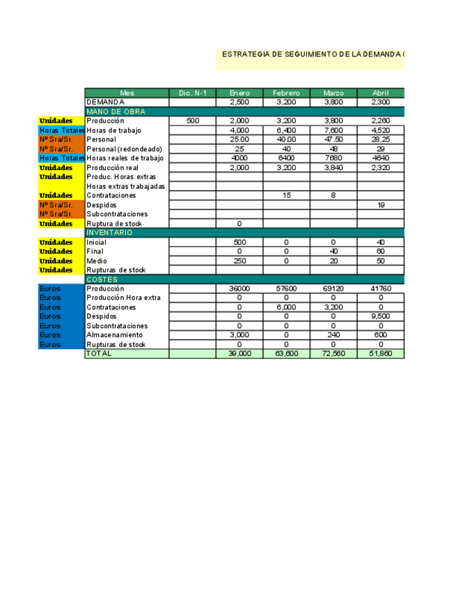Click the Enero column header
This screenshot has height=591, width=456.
coord(239,93)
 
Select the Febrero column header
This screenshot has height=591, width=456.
coord(286,93)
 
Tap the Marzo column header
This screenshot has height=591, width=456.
coord(333,93)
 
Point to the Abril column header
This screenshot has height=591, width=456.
coord(381,93)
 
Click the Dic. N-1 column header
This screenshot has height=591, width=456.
coord(192,93)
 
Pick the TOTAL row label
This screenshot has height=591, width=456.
coord(98,354)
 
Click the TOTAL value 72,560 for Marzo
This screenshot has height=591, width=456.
coord(333,354)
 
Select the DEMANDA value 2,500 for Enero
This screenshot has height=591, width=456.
coord(239,102)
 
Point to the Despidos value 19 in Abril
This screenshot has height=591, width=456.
coord(381,205)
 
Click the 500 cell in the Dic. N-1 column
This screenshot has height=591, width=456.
coord(193,121)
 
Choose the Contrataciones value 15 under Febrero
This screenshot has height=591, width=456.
coord(286,196)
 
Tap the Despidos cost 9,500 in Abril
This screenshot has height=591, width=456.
coord(381,316)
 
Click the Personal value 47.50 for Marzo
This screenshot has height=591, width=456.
coord(333,139)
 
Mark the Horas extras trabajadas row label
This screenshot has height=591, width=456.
coord(125,186)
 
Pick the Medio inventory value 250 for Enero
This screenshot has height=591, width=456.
coord(239,261)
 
